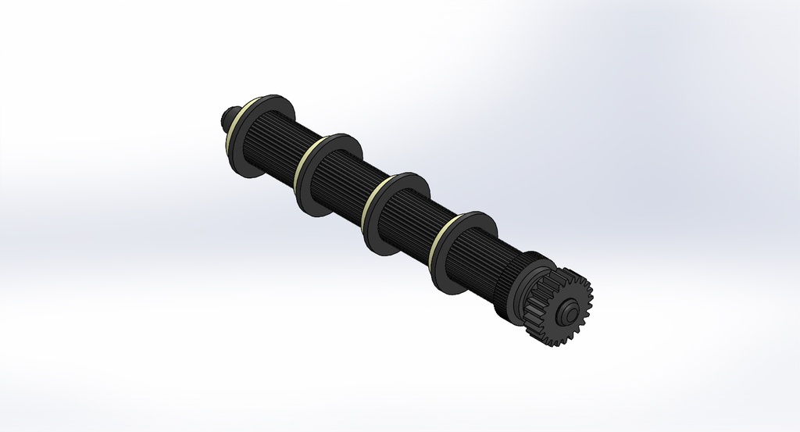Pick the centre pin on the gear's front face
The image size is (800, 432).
571,310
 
